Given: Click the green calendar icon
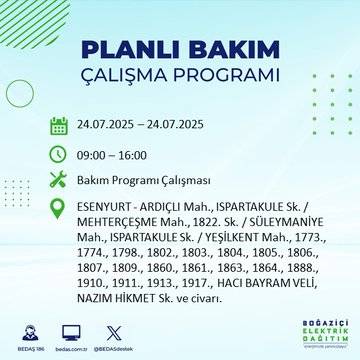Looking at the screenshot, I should coord(58,125).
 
